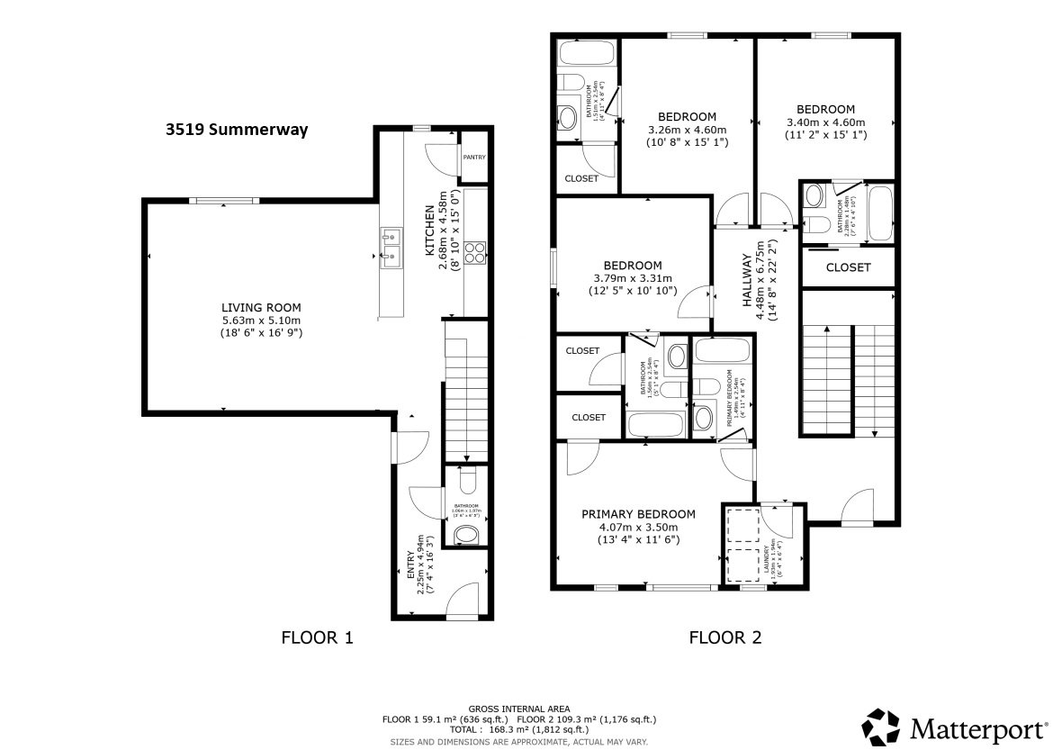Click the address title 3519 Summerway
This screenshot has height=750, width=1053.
(237, 130)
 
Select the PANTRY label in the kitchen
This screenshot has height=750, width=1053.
(473, 158)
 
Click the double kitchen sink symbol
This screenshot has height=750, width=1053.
(391, 248)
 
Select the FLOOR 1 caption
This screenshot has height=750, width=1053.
(317, 638)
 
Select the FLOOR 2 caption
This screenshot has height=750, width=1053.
(725, 638)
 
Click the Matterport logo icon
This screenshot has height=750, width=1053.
(879, 727)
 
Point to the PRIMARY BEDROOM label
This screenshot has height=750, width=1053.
(639, 514)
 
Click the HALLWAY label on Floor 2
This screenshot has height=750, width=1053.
(747, 281)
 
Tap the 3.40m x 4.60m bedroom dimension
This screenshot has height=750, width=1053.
(825, 122)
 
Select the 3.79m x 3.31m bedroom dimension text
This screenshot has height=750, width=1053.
(633, 278)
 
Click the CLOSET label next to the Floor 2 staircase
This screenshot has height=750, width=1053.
(848, 267)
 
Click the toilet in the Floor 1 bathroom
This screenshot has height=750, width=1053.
(466, 484)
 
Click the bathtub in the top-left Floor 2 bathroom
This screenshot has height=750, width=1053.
(585, 53)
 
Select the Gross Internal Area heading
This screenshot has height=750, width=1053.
(518, 709)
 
